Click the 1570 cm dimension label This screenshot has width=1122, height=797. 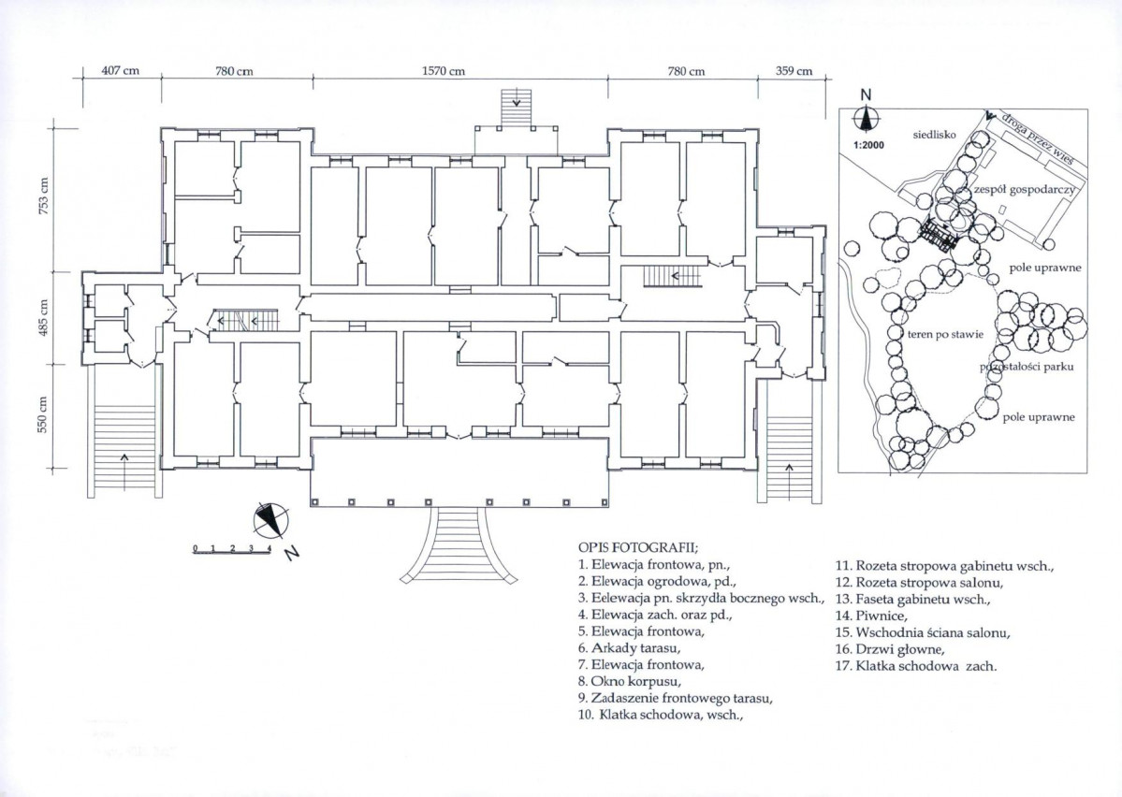coord(444,71)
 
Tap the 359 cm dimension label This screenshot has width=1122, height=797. coord(794,71)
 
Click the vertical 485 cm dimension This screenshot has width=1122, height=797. coord(44,319)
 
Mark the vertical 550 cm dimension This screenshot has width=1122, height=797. coord(44,414)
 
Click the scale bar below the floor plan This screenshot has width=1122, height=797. coord(231,549)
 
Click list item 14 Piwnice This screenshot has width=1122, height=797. coord(871,616)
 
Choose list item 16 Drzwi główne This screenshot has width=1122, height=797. coord(890,649)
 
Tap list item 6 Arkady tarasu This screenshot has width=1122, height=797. coord(629,649)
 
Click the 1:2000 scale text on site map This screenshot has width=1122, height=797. coord(868,145)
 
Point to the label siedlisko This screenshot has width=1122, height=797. coord(934,135)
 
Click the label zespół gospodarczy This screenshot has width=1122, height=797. coord(1023,190)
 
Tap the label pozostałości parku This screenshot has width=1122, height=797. coord(1027,367)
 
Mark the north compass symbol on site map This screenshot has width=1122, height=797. coord(866,114)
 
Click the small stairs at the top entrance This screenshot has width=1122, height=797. coord(517,108)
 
